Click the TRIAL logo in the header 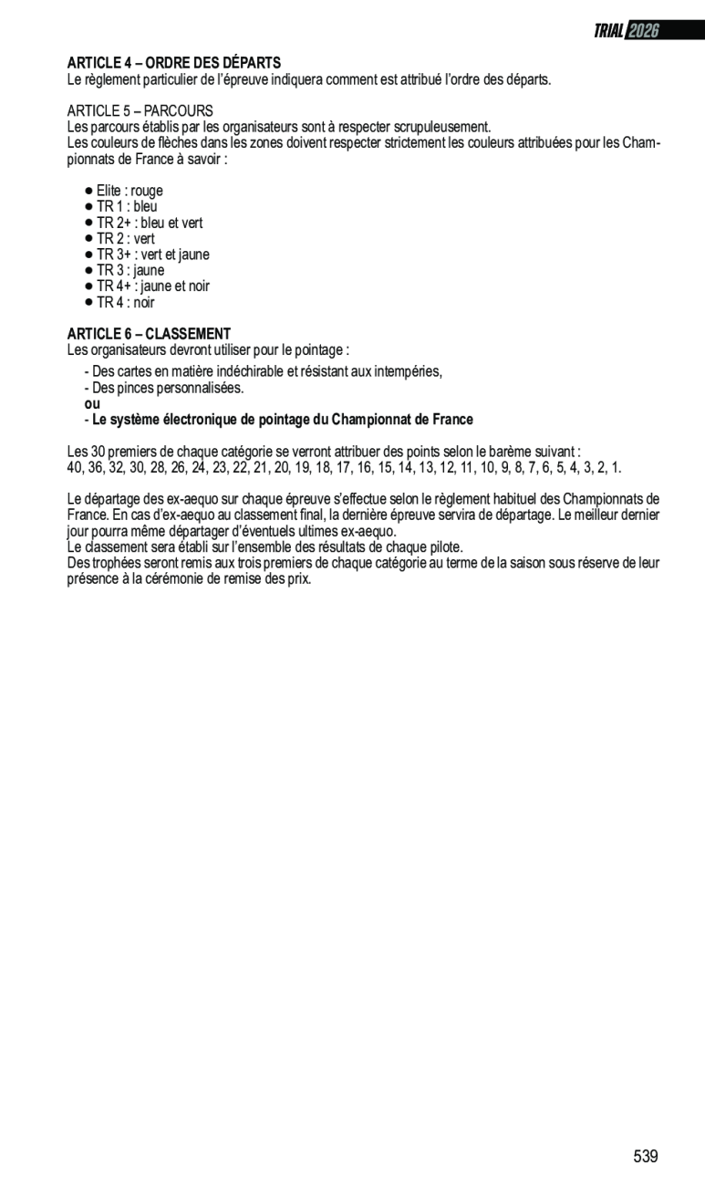point(608,31)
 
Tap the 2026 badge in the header point(643,31)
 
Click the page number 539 point(645,1156)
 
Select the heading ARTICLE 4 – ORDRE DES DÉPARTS point(173,63)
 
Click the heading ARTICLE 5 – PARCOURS point(140,110)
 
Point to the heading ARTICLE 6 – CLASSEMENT point(149,334)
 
